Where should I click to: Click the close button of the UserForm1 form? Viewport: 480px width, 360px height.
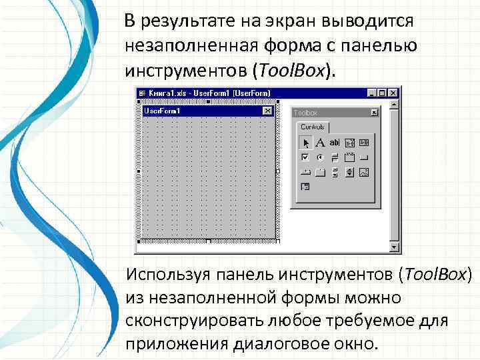click(x=267, y=111)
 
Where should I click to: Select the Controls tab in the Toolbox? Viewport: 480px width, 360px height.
click(x=313, y=127)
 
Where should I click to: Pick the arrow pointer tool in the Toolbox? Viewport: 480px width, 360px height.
click(x=305, y=143)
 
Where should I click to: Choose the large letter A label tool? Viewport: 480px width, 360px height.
click(x=320, y=143)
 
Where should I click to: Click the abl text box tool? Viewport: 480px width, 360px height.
click(x=334, y=143)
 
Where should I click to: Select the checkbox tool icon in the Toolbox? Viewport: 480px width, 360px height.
click(x=305, y=158)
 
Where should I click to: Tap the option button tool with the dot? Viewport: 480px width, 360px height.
click(x=320, y=158)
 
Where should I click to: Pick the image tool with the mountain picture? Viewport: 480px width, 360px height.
click(x=363, y=173)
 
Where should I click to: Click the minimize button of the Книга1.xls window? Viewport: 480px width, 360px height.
click(x=371, y=93)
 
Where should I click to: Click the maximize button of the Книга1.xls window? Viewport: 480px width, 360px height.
click(x=381, y=93)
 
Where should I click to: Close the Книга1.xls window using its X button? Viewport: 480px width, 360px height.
click(x=393, y=93)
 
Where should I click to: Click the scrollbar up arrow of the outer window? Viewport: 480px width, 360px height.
click(x=394, y=105)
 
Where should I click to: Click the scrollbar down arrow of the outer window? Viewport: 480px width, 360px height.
click(x=394, y=247)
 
